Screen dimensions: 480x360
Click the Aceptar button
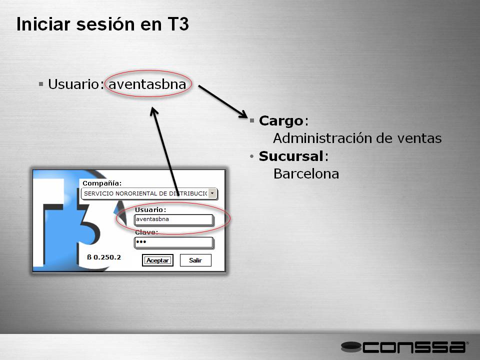point(157,260)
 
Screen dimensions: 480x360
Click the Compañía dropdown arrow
point(212,193)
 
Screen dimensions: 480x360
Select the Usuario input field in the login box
point(173,219)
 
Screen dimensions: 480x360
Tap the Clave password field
point(173,242)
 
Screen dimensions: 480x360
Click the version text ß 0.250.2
point(104,257)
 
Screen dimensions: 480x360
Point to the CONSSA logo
point(404,347)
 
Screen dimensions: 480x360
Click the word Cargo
point(280,121)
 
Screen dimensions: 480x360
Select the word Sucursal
point(291,156)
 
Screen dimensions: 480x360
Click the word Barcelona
point(306,174)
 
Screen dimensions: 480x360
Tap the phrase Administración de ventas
point(357,138)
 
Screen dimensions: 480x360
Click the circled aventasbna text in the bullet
point(147,84)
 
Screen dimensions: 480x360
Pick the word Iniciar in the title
point(43,24)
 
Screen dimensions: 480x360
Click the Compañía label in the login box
point(102,183)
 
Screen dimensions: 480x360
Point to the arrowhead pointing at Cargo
point(243,114)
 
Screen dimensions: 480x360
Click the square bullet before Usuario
point(41,84)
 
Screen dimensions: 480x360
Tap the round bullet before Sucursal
point(251,156)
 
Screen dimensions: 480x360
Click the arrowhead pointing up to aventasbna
point(153,111)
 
